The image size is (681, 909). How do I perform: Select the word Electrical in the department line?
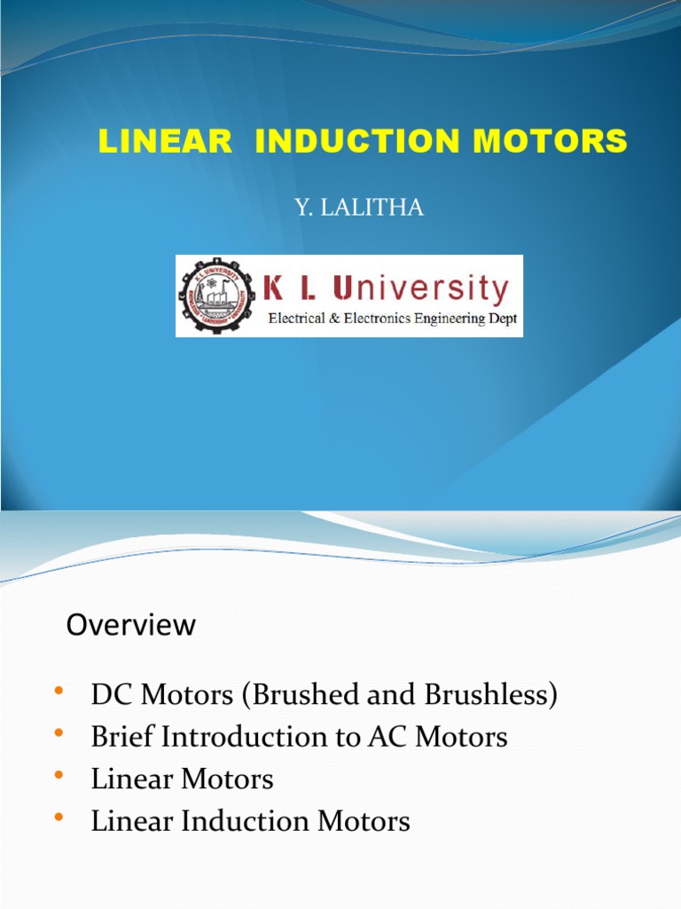pyautogui.click(x=301, y=319)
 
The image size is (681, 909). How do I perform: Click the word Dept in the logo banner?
pyautogui.click(x=504, y=319)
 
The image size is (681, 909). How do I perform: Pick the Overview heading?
pyautogui.click(x=131, y=625)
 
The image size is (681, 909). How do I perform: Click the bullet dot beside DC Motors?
pyautogui.click(x=59, y=692)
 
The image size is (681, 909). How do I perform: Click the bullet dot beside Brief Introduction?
pyautogui.click(x=59, y=733)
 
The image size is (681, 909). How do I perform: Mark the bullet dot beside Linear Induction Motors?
pyautogui.click(x=59, y=818)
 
